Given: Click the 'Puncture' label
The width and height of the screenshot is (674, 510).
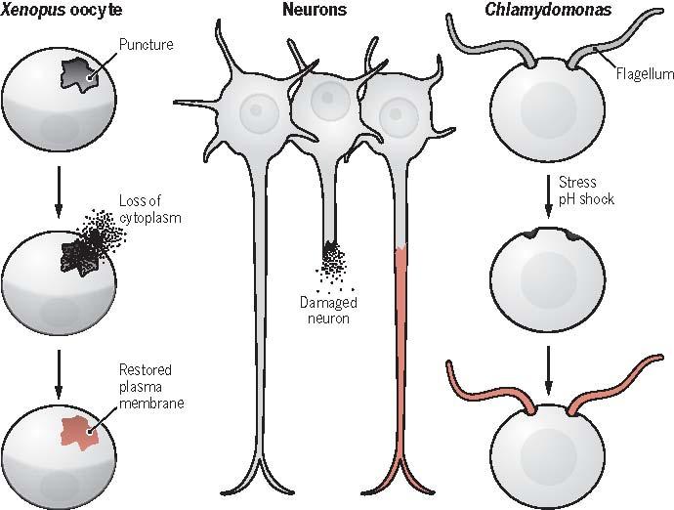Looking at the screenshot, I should [x=144, y=45].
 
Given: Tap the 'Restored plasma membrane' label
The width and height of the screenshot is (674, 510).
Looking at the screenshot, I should [x=146, y=384].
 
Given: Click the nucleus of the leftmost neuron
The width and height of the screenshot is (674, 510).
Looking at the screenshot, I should [x=256, y=109].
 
